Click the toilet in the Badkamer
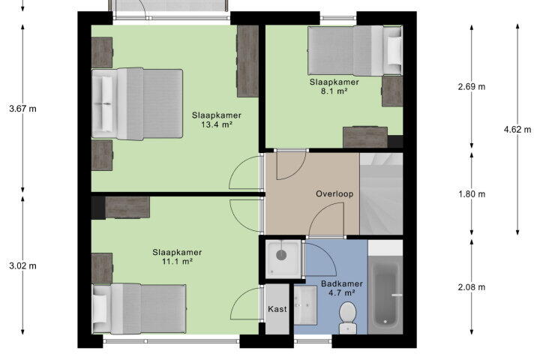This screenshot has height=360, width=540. click(x=347, y=318)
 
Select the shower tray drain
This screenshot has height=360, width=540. click(x=281, y=255)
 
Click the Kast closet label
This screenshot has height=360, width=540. click(x=277, y=309)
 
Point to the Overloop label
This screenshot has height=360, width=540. click(x=334, y=194)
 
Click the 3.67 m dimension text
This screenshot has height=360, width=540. click(x=22, y=109)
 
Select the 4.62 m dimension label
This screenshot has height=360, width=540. click(x=517, y=130)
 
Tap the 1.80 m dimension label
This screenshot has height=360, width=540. click(x=472, y=194)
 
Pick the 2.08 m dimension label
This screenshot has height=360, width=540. click(x=472, y=287)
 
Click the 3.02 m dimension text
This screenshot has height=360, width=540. click(x=22, y=266)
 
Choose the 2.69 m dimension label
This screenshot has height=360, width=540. click(x=472, y=86)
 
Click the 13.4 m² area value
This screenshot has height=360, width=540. click(x=216, y=124)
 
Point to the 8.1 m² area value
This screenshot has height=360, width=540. click(x=334, y=91)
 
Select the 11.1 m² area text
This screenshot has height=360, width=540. click(x=177, y=262)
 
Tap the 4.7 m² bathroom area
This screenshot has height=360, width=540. click(x=342, y=292)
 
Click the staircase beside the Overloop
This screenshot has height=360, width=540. click(x=381, y=194)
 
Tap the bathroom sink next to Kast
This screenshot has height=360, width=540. click(x=305, y=305)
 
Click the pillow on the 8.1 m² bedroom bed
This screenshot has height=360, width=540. click(x=394, y=50)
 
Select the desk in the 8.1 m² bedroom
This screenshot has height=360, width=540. click(x=365, y=137)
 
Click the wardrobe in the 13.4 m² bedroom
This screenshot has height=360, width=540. click(x=247, y=61)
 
